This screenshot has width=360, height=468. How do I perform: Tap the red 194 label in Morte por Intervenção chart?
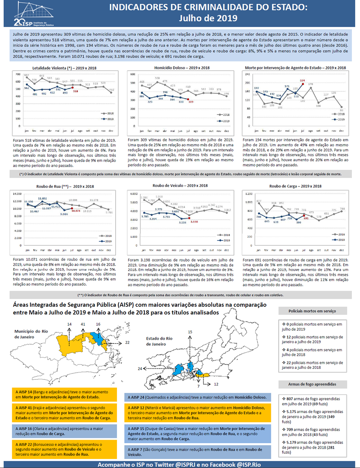point(303,80)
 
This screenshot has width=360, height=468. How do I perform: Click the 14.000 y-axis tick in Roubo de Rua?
point(17,194)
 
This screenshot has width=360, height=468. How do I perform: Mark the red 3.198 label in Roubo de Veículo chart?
point(194,222)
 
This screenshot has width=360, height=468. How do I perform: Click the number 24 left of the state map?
point(140,368)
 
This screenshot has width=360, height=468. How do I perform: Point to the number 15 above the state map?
point(189,332)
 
